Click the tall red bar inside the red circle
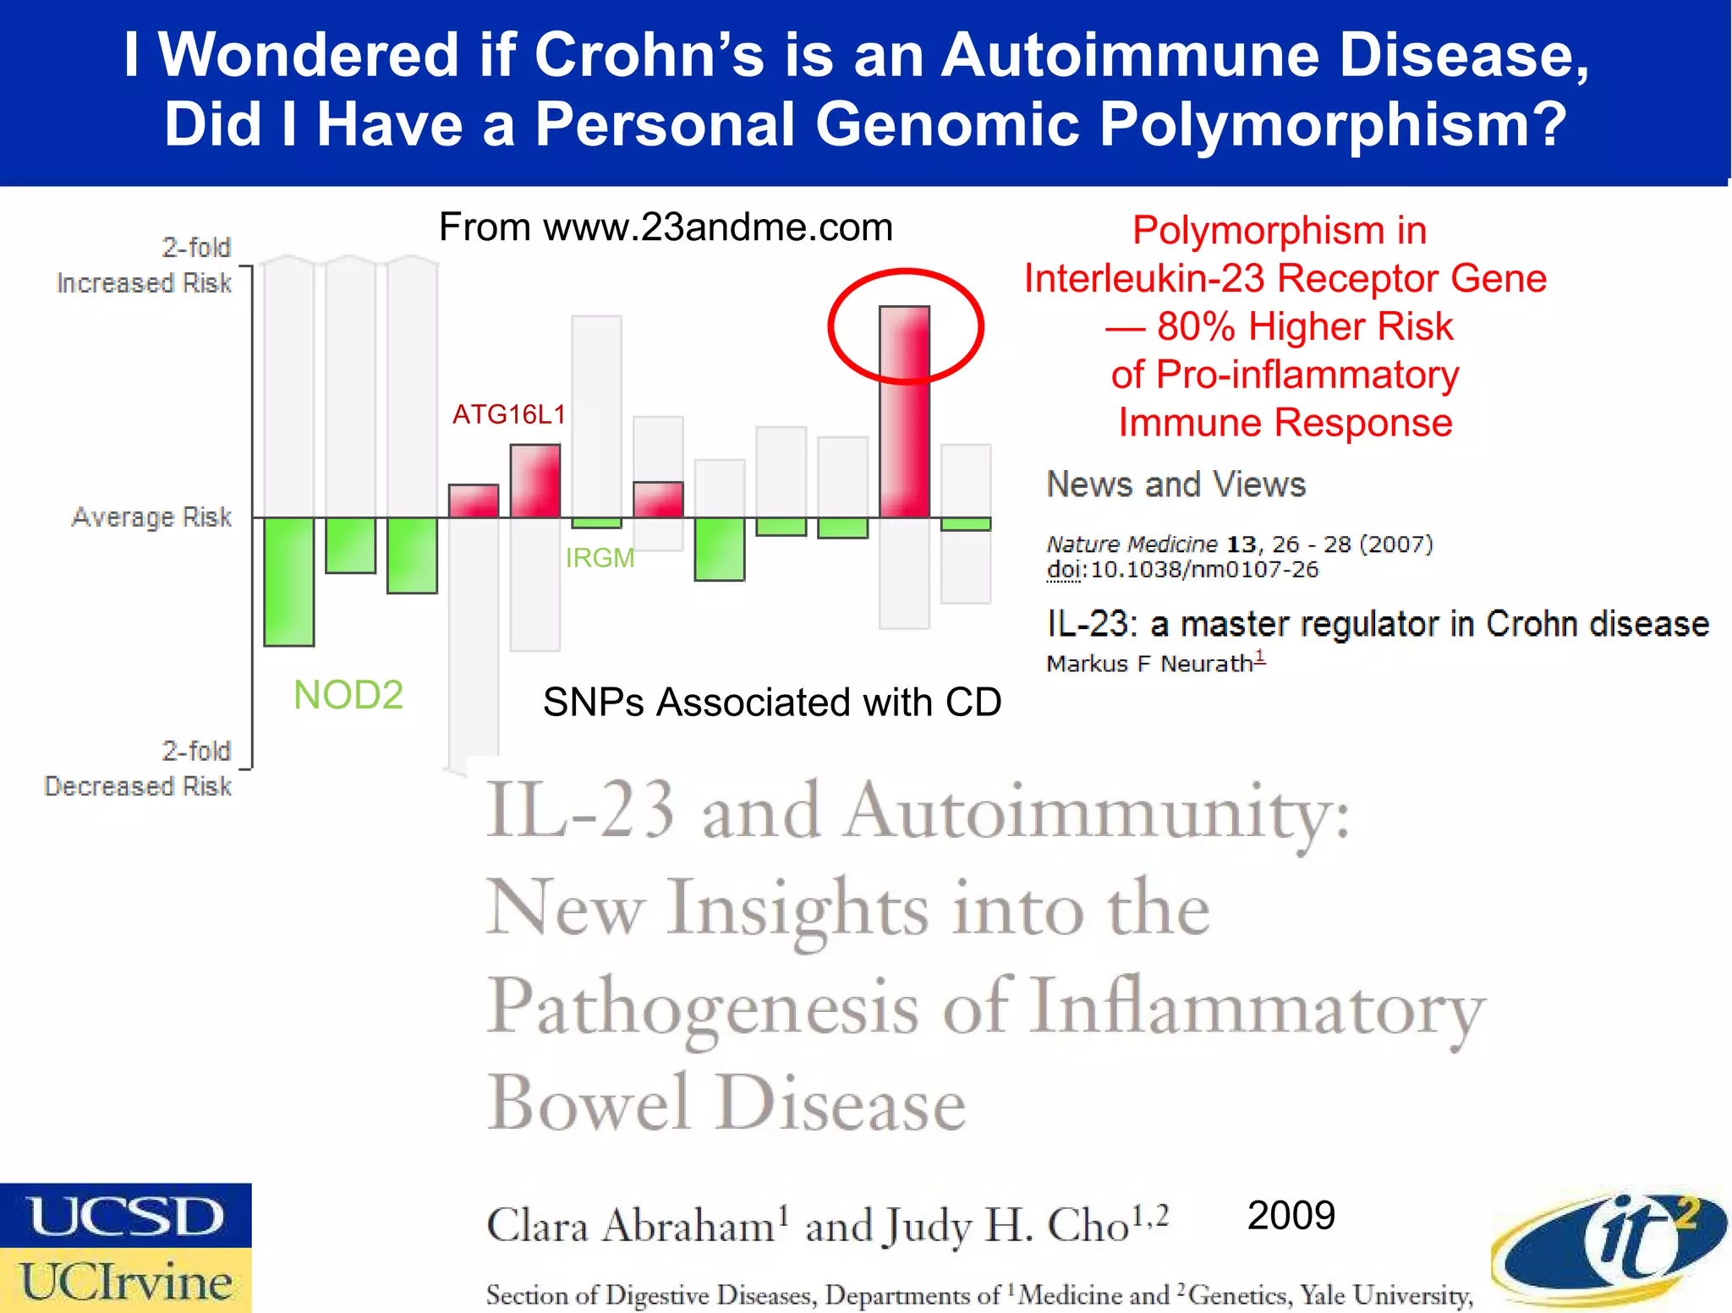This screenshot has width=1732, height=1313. point(904,412)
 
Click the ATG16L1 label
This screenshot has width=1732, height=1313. point(508,414)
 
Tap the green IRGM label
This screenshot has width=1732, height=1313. point(600,558)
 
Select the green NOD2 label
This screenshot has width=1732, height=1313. point(348,695)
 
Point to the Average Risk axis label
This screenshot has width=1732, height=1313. point(151,517)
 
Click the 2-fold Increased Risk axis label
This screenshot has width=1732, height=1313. point(145,265)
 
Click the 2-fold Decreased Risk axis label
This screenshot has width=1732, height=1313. point(139,769)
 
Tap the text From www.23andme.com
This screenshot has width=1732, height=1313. point(666,227)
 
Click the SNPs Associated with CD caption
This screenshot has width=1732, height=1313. point(771,702)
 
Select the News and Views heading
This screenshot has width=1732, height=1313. point(1176,484)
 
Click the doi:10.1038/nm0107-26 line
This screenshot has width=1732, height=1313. point(1182,570)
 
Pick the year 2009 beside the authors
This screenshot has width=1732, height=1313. point(1291,1216)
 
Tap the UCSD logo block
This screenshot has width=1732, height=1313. point(125,1216)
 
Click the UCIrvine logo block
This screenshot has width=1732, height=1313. point(125,1281)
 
